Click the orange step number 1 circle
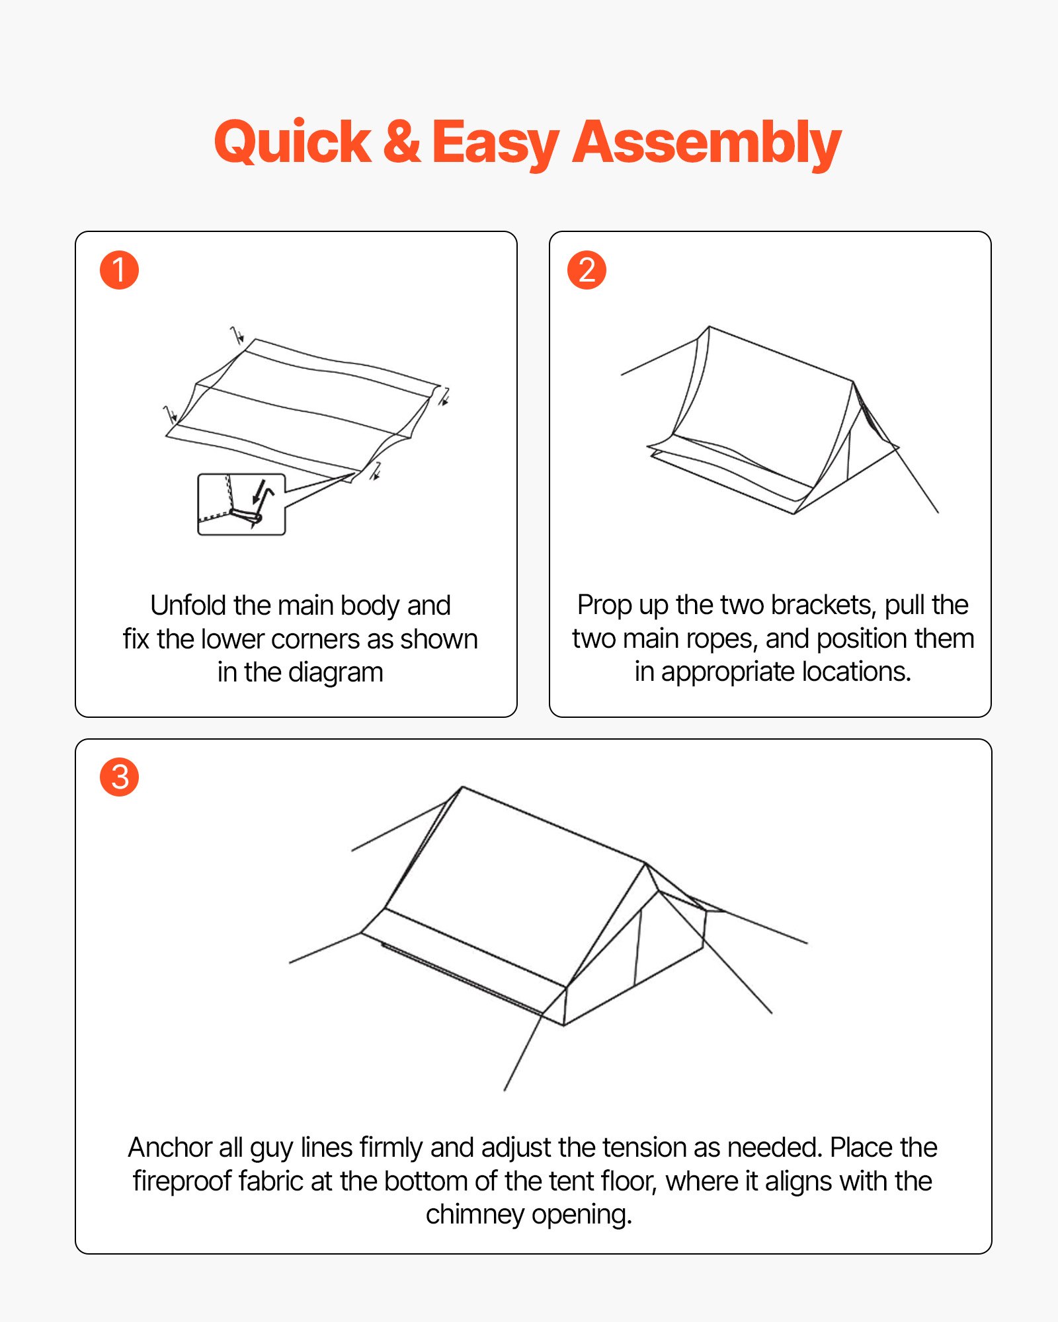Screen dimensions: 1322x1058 [x=119, y=270]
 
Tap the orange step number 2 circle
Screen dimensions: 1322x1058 [x=587, y=270]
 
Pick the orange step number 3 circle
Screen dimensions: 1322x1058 [x=119, y=777]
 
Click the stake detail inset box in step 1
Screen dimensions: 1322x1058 [x=241, y=504]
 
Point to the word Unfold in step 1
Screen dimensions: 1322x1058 [x=188, y=605]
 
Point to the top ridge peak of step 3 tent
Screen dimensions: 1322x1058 [x=462, y=787]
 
